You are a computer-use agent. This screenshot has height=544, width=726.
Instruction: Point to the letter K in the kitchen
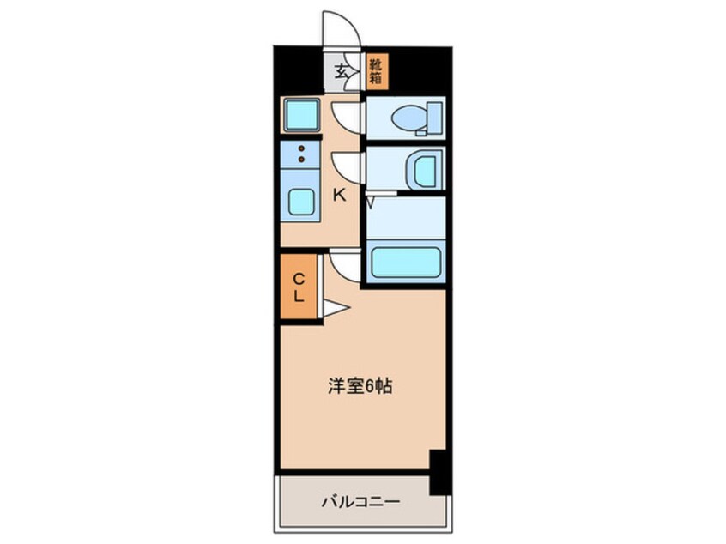coord(340,195)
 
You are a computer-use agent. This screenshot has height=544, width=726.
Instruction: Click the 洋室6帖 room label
coord(360,387)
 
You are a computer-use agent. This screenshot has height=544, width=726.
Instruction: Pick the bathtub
coord(405,262)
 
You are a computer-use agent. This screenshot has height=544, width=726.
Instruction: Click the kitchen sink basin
coord(300,202)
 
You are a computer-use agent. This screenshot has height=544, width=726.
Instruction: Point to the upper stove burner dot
coord(300,148)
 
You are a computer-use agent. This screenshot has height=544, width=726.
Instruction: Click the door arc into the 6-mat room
coord(345,264)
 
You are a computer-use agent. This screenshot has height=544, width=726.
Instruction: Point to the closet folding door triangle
coord(335,307)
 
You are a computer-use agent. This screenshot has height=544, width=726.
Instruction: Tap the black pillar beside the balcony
coord(439,473)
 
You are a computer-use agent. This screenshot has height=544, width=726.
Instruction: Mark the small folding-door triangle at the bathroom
coord(370,202)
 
